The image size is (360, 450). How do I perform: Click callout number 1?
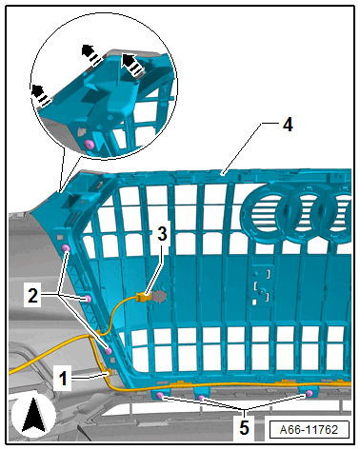point(64,379)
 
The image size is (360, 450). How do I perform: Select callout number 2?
point(32,296)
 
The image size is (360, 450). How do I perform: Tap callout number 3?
point(162,234)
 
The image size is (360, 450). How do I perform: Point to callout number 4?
point(288,125)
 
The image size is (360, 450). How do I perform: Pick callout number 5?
point(244,428)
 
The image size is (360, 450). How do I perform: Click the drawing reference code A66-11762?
point(309,430)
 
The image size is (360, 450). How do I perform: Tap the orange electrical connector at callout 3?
point(142,298)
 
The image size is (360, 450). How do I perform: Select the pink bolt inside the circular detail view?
point(90,145)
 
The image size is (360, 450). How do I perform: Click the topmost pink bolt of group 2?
point(66,248)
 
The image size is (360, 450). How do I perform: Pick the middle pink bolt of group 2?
point(88,299)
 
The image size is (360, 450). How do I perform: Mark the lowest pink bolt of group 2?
point(109,351)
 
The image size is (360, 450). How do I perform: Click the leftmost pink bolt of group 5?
point(160,395)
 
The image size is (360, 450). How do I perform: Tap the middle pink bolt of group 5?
point(201,398)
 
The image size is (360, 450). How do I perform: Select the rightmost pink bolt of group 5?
point(309,394)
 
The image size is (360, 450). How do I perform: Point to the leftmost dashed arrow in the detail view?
point(40,94)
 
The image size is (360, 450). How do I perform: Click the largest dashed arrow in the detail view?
point(131,65)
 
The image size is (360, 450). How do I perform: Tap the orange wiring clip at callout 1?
point(109,373)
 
